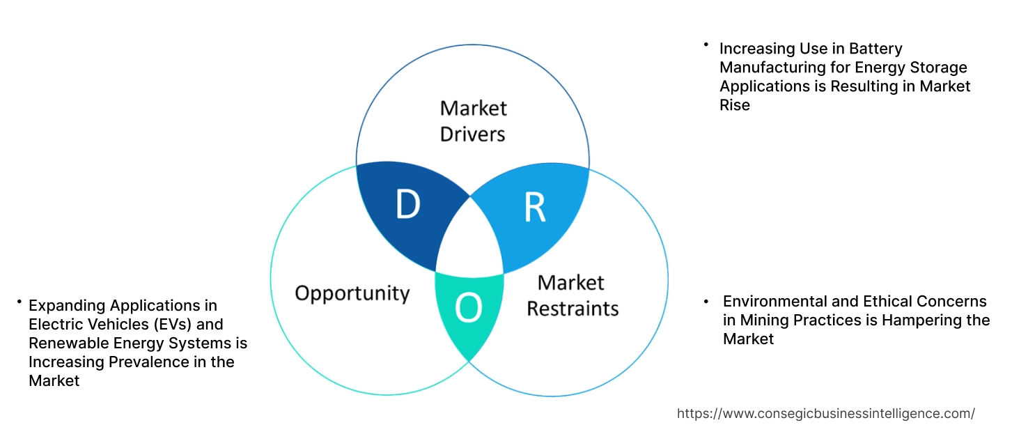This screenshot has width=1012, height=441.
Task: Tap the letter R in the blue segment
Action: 534,207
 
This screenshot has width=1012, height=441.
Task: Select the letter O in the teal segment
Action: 469,309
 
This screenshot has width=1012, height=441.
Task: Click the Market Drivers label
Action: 473,121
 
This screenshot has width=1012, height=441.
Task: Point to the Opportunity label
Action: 352,293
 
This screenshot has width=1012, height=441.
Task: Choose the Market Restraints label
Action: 572,295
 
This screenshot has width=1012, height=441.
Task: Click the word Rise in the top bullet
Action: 735,105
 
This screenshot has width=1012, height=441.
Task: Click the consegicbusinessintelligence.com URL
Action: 826,414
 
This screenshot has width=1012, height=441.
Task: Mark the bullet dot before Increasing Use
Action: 706,45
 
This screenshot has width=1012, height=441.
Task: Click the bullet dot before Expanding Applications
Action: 19,302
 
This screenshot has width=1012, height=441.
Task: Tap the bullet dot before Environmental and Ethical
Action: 706,302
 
